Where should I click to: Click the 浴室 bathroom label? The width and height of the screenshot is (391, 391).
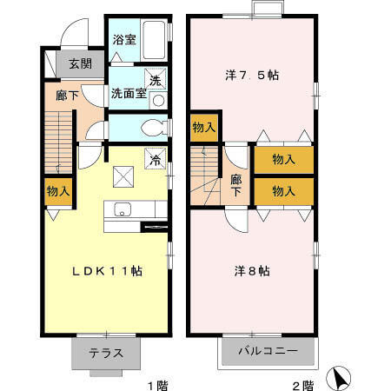click(x=123, y=40)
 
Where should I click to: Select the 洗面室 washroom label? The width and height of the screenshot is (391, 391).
click(x=128, y=94)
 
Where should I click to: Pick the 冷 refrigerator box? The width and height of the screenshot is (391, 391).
click(x=156, y=160)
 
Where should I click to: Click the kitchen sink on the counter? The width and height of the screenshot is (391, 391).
click(x=122, y=209)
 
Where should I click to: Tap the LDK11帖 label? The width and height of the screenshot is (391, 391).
click(x=107, y=271)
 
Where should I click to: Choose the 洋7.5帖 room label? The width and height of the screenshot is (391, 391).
click(x=252, y=75)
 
